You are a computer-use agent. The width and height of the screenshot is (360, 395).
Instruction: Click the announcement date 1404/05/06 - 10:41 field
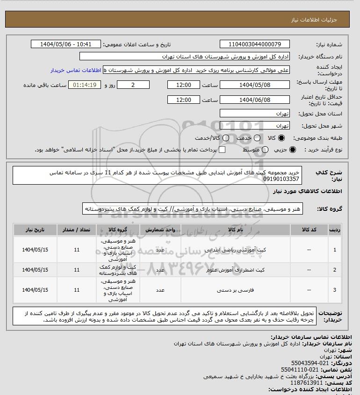(66, 44)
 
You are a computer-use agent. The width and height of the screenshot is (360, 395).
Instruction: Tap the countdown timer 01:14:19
(85, 85)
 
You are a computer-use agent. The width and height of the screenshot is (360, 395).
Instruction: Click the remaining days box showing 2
(133, 85)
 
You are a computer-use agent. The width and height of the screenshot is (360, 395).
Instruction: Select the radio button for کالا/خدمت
(226, 138)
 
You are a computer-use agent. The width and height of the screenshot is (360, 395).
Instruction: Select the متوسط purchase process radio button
(265, 150)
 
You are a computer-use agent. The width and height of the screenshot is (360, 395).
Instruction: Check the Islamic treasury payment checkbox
(222, 150)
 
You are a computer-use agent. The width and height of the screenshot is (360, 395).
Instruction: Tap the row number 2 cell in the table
(335, 270)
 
